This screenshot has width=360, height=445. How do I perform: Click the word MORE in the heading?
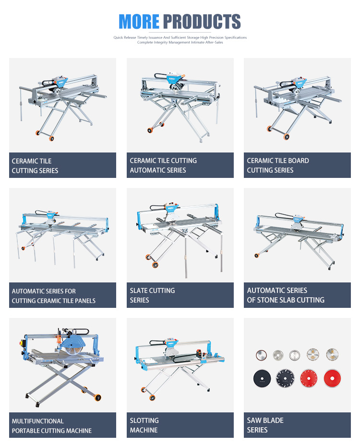[x=139, y=22]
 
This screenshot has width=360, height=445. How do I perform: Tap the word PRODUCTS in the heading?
[x=202, y=22]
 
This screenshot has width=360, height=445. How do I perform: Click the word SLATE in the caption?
[x=139, y=291]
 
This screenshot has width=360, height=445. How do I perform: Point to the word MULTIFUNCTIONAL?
[x=38, y=421]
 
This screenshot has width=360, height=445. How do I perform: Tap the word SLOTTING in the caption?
[x=144, y=421]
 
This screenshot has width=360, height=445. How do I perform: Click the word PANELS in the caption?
[x=85, y=301]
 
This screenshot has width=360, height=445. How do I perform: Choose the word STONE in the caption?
[x=267, y=300]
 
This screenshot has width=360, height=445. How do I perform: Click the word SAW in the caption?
[x=252, y=421]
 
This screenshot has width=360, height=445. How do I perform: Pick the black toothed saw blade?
[x=285, y=378]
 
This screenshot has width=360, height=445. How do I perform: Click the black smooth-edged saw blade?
[x=262, y=378]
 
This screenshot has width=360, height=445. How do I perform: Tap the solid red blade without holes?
[x=332, y=378]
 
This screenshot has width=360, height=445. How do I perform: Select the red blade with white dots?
[x=309, y=378]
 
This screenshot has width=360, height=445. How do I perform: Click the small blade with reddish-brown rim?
[x=261, y=355]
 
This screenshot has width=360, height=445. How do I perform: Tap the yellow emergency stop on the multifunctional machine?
[x=24, y=342]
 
